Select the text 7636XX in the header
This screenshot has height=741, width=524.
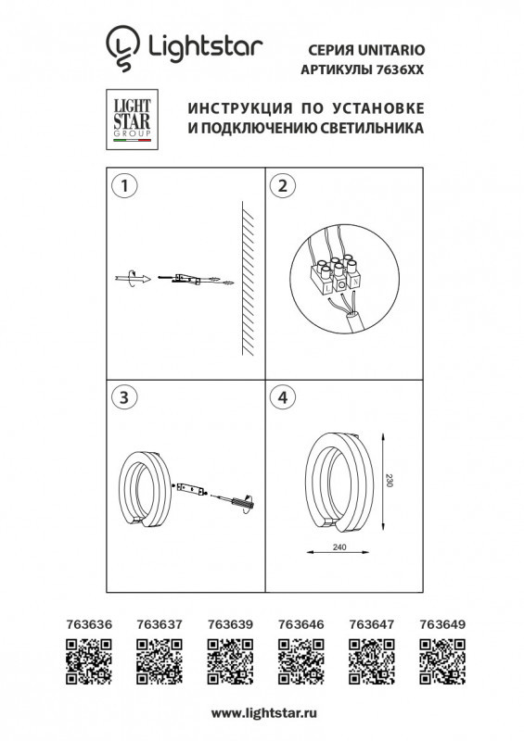pos(403,69)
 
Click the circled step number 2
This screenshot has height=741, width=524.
pos(279,185)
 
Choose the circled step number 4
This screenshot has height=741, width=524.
pos(279,397)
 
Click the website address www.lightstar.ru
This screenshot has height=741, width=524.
pos(264,712)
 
